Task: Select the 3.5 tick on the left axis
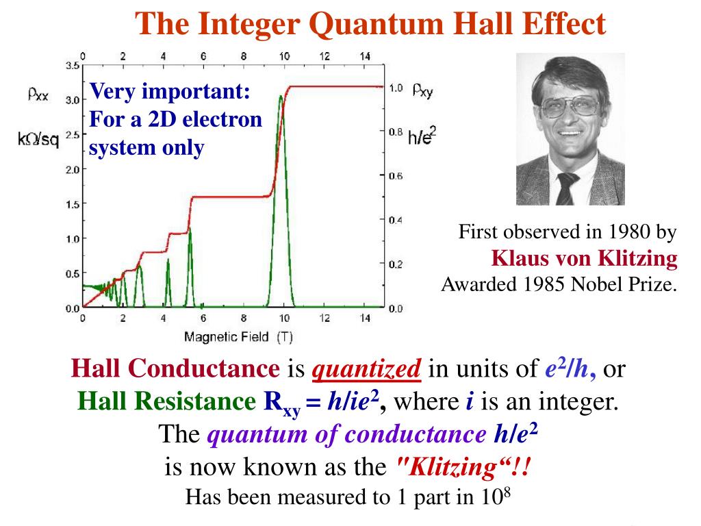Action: coord(72,66)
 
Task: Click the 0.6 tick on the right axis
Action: coord(396,176)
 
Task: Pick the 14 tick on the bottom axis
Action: coord(365,318)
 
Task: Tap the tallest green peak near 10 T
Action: coord(281,99)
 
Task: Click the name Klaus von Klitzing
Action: coord(585,258)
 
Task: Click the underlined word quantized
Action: coord(366,371)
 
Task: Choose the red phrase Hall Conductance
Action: coord(175,371)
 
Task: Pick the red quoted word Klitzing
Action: coord(463,468)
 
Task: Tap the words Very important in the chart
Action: coord(170,90)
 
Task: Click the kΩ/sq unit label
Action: coord(37,139)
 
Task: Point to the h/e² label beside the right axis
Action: coord(422,136)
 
